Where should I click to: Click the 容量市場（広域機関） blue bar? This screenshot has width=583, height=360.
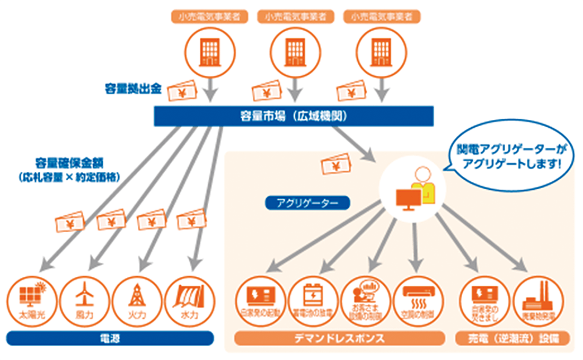[x=294, y=116]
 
